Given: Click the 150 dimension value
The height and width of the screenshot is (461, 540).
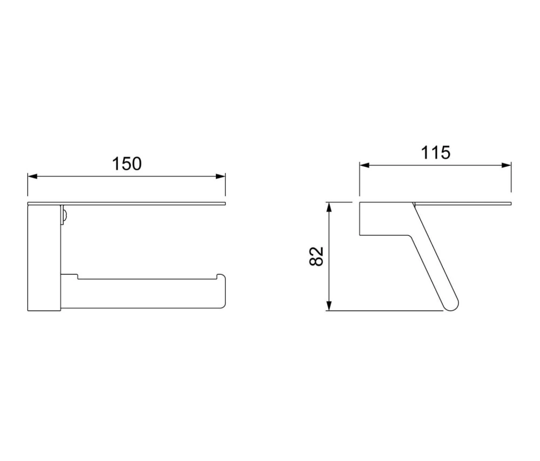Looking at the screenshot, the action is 127,164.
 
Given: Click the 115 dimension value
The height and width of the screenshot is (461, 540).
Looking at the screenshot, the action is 436,153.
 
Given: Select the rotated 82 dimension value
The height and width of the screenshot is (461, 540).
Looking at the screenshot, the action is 316,256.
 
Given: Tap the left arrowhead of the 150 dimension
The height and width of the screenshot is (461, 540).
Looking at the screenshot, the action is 32,177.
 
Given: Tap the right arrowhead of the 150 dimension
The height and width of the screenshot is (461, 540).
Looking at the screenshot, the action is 221,177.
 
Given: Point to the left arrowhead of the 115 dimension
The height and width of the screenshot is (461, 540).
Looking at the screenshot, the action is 364,165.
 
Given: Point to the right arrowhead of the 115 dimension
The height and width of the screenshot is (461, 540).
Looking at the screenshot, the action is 507,165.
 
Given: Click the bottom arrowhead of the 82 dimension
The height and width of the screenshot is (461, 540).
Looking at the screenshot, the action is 329,306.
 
